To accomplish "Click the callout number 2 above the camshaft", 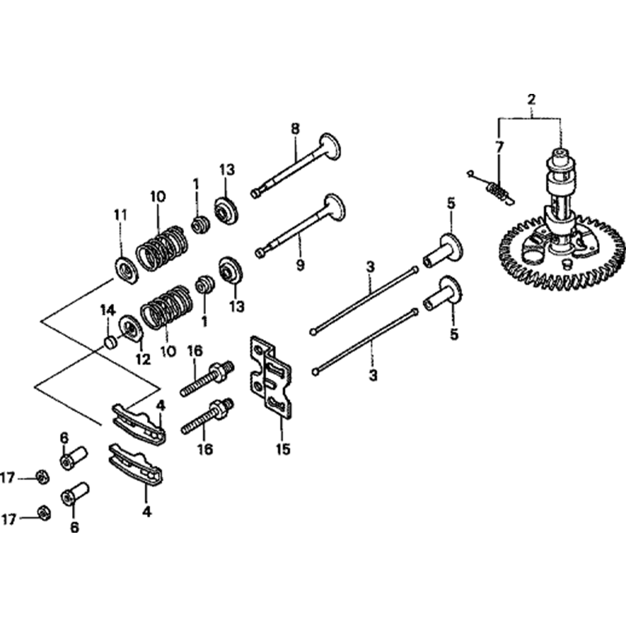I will tap(531, 99).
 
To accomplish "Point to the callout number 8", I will tap(295, 129).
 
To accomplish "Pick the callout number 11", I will tap(120, 215).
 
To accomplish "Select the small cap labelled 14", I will tap(110, 341).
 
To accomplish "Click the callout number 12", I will tap(142, 359).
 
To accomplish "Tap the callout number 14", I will tap(108, 309).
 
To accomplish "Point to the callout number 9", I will tap(300, 265).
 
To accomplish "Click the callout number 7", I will tap(499, 148).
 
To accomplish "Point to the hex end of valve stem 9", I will tap(260, 252).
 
